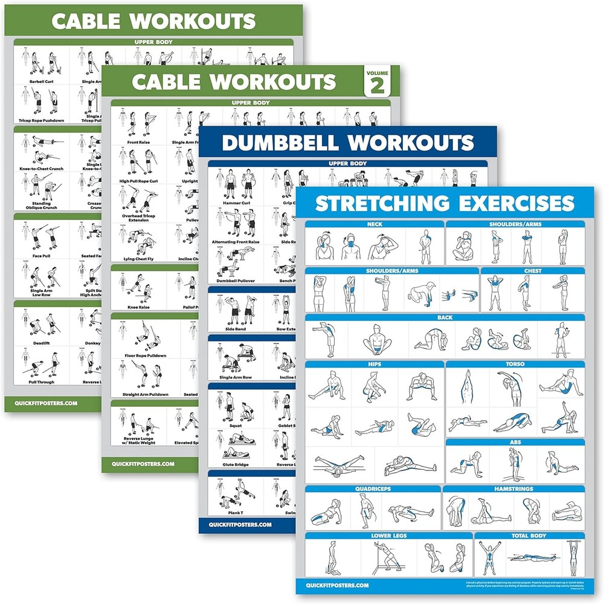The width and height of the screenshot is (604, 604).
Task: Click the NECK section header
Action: [x=374, y=224]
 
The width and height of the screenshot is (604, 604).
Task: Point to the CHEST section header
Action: [x=533, y=271]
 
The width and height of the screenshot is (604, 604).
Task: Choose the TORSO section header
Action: [x=515, y=365]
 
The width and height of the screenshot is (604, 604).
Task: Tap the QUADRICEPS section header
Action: [x=373, y=489]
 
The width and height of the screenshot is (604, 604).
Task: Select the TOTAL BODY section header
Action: [x=529, y=536]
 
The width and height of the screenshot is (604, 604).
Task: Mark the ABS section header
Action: [x=515, y=443]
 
